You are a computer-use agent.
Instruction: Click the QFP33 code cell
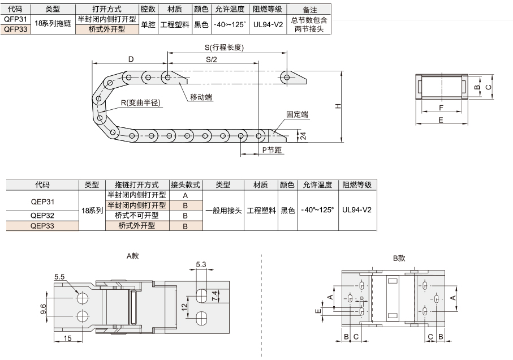coord(15,29)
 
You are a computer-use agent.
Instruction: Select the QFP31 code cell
coord(15,19)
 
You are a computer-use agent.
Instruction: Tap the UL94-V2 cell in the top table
coord(268,24)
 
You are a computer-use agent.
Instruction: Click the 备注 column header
coord(309,10)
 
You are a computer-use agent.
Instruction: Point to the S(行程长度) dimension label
coord(224,48)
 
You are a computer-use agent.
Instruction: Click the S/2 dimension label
coord(212,59)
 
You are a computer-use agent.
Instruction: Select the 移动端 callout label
coord(201,97)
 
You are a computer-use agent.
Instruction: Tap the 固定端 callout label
coord(297,114)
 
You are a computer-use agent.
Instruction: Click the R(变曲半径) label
coord(141,102)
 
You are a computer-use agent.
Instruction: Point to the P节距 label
coord(272,150)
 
